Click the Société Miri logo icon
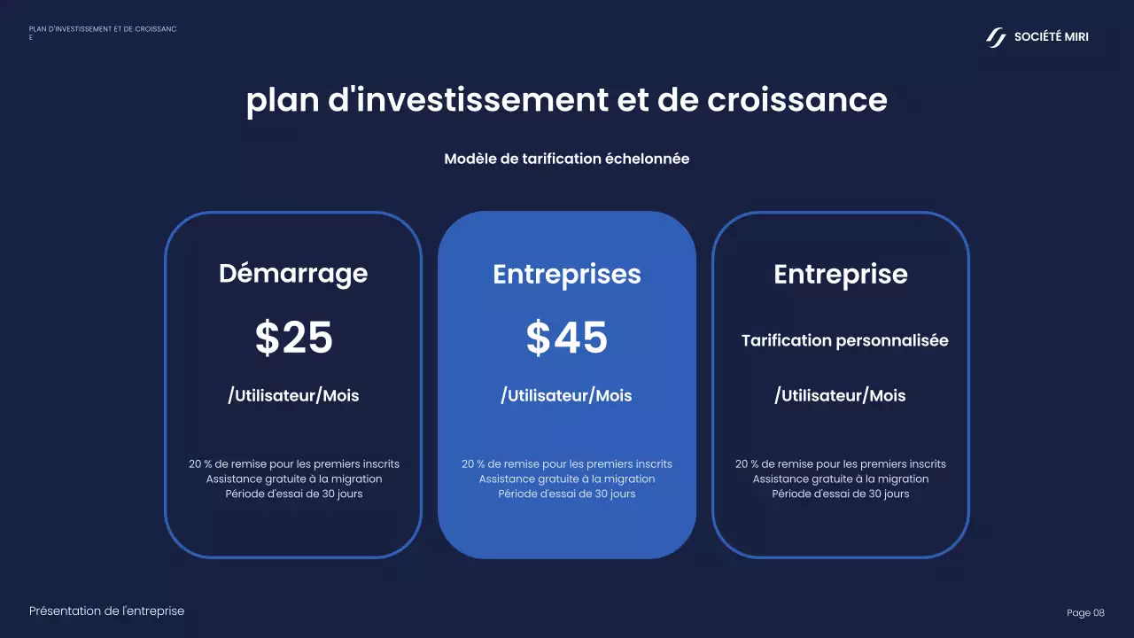pyautogui.click(x=997, y=37)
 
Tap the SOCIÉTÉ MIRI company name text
pyautogui.click(x=1052, y=37)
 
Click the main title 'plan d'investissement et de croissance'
pyautogui.click(x=567, y=100)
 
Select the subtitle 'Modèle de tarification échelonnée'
pyautogui.click(x=567, y=159)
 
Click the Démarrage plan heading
pyautogui.click(x=293, y=273)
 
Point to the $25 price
pyautogui.click(x=294, y=338)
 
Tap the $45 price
pyautogui.click(x=567, y=338)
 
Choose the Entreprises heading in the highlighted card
pyautogui.click(x=567, y=274)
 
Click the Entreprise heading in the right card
pyautogui.click(x=841, y=274)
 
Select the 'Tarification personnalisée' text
pyautogui.click(x=844, y=341)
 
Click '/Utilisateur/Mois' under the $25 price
pyautogui.click(x=293, y=396)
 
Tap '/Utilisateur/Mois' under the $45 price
pyautogui.click(x=567, y=396)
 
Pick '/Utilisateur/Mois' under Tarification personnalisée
pyautogui.click(x=840, y=396)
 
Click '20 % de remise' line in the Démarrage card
pyautogui.click(x=294, y=464)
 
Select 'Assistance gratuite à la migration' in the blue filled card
pyautogui.click(x=567, y=478)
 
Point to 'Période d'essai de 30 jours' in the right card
pyautogui.click(x=841, y=494)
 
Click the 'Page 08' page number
pyautogui.click(x=1085, y=613)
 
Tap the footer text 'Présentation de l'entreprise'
pyautogui.click(x=107, y=611)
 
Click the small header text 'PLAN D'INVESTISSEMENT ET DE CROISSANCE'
pyautogui.click(x=102, y=29)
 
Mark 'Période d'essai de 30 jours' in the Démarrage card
pyautogui.click(x=294, y=494)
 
